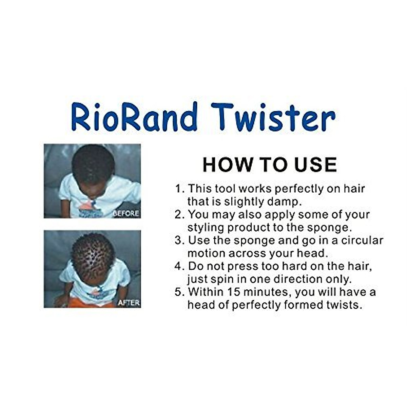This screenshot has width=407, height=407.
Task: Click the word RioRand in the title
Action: (134, 117)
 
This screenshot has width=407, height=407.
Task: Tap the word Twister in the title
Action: (273, 117)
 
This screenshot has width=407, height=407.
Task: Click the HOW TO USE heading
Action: (270, 164)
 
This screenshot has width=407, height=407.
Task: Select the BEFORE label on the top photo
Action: (125, 213)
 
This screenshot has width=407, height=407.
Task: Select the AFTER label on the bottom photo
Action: (129, 303)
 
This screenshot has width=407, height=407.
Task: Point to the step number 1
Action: (179, 189)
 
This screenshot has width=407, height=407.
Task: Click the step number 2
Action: (179, 215)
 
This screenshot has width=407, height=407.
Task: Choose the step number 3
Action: (179, 240)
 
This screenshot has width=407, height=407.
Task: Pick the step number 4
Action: (179, 266)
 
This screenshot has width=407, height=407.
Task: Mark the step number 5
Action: (179, 292)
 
